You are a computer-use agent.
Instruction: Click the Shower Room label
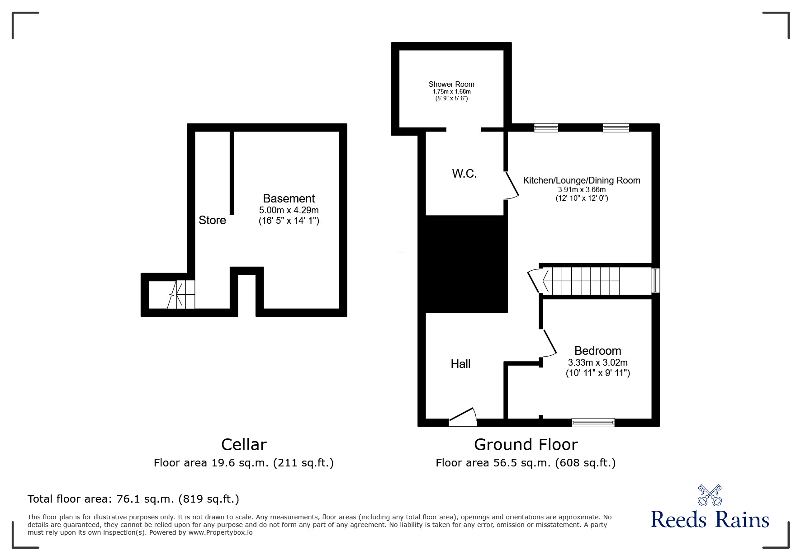[x=451, y=84]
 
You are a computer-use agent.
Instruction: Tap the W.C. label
[x=464, y=174]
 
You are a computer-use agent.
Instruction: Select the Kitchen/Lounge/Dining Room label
[x=582, y=180]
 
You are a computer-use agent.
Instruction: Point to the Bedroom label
[x=597, y=351]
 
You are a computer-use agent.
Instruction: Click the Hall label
[x=460, y=364]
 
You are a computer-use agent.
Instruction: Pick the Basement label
[x=289, y=198]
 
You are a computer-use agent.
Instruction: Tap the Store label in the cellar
[x=212, y=220]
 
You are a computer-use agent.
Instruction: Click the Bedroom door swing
[x=550, y=344]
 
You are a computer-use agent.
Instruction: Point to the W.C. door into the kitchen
[x=512, y=185]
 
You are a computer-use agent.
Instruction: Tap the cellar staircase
[x=181, y=294]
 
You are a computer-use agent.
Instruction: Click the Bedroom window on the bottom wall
[x=593, y=423]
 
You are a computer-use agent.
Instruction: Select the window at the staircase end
[x=655, y=280]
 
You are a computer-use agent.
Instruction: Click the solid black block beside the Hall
[x=465, y=264]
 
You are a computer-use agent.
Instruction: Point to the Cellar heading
[x=244, y=445]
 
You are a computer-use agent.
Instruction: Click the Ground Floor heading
[x=526, y=445]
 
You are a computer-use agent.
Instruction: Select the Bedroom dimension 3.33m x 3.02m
[x=597, y=362]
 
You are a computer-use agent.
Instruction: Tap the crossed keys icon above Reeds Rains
[x=710, y=495]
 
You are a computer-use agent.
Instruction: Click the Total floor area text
[x=133, y=499]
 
